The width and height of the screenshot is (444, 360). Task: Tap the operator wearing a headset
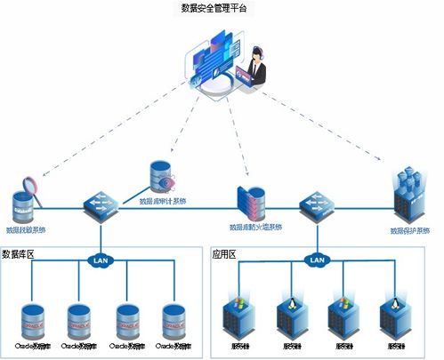tap(259, 66)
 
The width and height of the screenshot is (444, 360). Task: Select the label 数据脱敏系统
tap(27, 229)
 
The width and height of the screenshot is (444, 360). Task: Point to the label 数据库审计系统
tap(163, 200)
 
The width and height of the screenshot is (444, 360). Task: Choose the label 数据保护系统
tap(409, 231)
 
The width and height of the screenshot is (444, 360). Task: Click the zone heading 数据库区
tap(20, 253)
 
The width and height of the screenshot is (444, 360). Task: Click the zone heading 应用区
tap(223, 253)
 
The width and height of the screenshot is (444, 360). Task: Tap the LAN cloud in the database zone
tap(100, 260)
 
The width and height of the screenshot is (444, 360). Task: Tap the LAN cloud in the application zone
tap(315, 260)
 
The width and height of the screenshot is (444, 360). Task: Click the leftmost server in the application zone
tap(238, 314)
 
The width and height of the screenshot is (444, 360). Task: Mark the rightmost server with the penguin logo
tap(390, 314)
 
